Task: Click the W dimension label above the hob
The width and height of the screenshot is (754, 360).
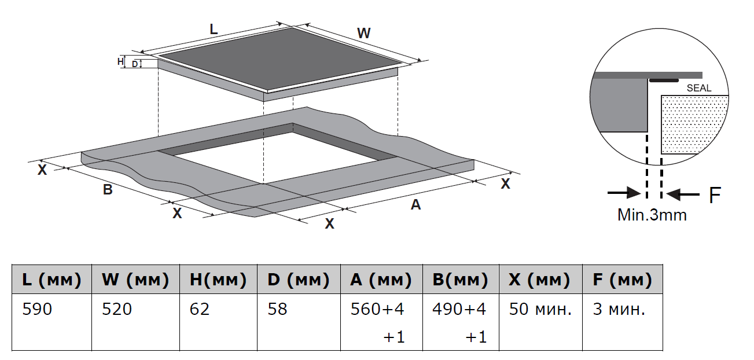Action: coord(363,34)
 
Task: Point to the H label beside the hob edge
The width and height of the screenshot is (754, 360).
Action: coord(120,61)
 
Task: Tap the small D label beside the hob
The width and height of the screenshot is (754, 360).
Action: coord(134,64)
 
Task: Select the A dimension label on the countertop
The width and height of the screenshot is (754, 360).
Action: coord(415,204)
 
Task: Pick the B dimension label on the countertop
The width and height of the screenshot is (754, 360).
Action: coord(108,189)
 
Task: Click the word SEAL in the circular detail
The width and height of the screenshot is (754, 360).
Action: coord(698,89)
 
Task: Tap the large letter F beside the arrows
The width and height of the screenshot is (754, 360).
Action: coord(715,195)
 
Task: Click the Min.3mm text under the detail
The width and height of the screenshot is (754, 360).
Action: coord(652,215)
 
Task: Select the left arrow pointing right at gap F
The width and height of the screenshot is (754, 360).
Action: coord(624,193)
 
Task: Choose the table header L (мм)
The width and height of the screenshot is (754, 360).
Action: coord(52,280)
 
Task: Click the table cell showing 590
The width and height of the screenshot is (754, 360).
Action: coord(37,310)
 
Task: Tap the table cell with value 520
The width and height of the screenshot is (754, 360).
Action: coord(117,310)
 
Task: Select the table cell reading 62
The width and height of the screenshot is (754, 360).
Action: coord(199,310)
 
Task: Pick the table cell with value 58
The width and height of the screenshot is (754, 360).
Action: coord(277,310)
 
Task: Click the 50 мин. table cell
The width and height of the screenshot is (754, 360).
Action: coord(540,310)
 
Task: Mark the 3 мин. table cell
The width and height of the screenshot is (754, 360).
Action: coord(619,310)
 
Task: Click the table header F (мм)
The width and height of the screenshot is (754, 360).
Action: coord(622,280)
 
